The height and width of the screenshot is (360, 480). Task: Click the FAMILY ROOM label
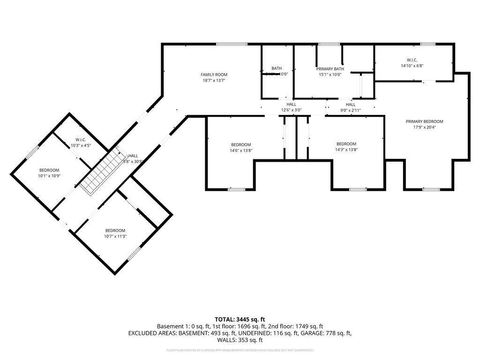214,74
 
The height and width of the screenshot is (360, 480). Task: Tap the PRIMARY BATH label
331,68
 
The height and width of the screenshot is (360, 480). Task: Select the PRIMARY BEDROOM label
424,121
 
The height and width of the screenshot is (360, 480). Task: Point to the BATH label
276,68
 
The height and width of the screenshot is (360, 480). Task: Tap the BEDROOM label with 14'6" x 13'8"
241,144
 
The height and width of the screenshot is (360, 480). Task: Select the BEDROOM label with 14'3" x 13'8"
346,144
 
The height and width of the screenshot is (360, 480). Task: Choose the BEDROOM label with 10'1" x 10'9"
50,170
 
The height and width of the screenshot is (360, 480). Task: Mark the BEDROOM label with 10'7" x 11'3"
116,231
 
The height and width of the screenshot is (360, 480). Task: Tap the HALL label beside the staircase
132,155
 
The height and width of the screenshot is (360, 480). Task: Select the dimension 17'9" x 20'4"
424,127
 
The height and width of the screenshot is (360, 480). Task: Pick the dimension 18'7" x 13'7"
214,80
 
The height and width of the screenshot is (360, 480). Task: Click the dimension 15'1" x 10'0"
331,74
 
